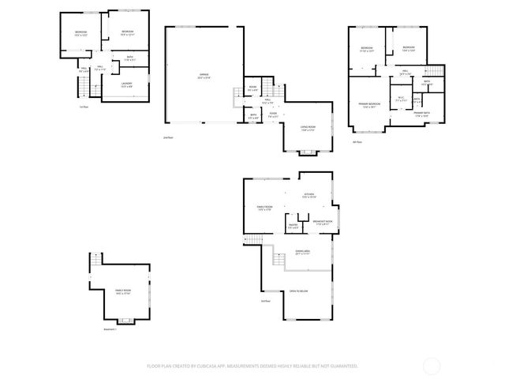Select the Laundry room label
click(126, 84)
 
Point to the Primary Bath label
click(421, 114)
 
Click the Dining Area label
click(302, 253)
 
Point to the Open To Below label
click(298, 291)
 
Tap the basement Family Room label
click(122, 292)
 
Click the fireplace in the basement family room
click(125, 321)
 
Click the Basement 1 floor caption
click(110, 329)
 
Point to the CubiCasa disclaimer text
click(252, 366)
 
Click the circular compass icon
click(432, 366)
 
